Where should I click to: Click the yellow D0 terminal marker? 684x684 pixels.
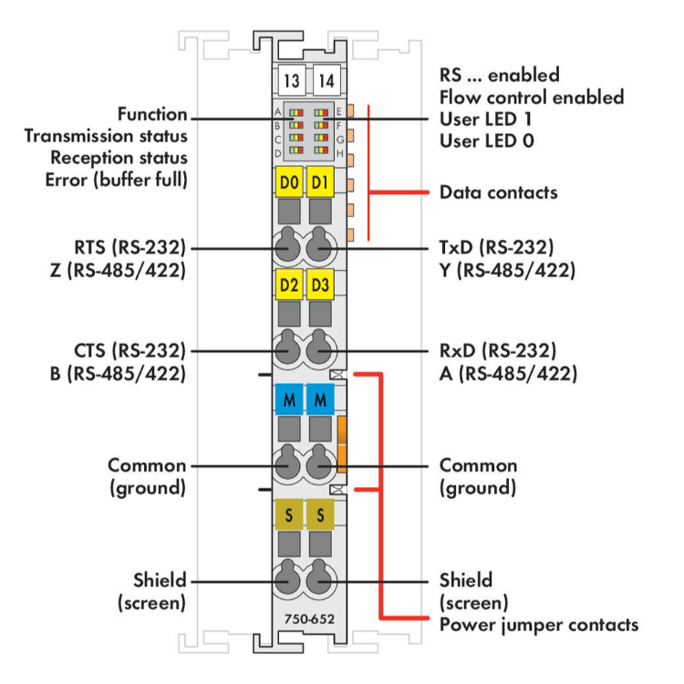click(289, 182)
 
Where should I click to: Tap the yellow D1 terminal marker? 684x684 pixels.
click(319, 182)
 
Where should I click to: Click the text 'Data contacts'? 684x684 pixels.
click(498, 192)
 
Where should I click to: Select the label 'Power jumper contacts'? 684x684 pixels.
click(538, 625)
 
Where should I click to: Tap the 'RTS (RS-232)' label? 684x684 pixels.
click(131, 247)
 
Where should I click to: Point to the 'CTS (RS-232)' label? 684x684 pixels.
click(131, 349)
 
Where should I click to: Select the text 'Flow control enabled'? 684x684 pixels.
click(531, 97)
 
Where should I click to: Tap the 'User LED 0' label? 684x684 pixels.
click(486, 141)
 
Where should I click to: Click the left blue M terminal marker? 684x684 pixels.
click(289, 399)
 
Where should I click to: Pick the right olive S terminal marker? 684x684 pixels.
click(319, 513)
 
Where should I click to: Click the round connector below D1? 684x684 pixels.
click(319, 247)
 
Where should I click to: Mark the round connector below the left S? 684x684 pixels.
click(289, 580)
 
